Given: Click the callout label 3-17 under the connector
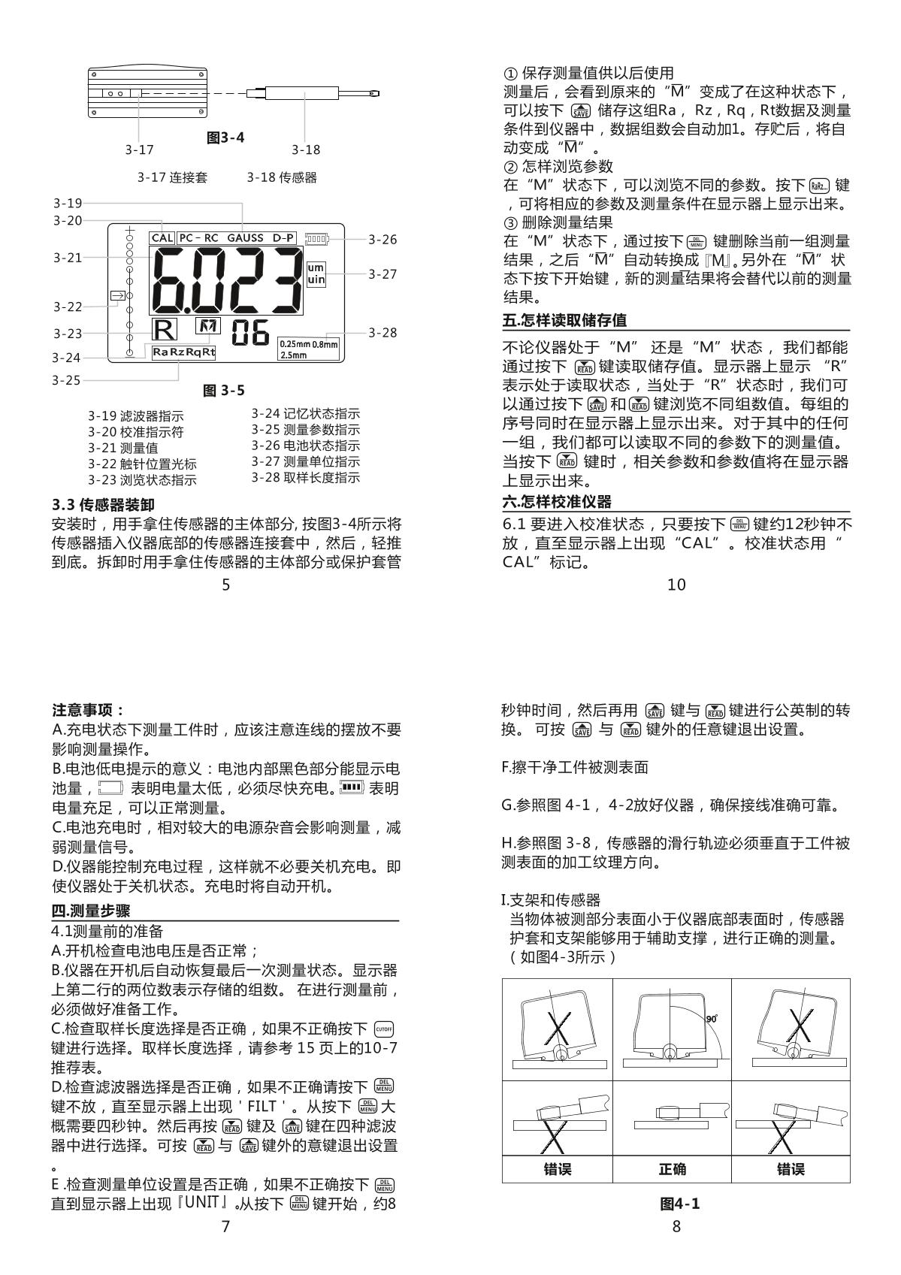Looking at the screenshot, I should click(139, 150).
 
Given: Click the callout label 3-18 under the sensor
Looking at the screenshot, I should click(306, 150).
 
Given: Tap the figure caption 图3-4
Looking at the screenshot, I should click(225, 137).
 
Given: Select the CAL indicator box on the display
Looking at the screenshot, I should click(162, 238).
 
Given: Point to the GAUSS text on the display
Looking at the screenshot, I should click(245, 238).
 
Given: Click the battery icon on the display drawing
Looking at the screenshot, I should click(317, 240).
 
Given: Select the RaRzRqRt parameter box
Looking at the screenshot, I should click(183, 352).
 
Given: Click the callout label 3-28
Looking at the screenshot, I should click(382, 332).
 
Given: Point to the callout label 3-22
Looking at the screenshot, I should click(68, 307).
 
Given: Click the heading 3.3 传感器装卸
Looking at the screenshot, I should click(103, 504).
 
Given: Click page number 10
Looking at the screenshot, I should click(676, 585).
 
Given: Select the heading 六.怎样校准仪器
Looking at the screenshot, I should click(557, 501).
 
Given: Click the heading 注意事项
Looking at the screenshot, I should click(88, 710).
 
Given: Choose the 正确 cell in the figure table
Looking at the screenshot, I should click(672, 1169).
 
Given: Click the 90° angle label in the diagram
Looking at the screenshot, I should click(711, 1018).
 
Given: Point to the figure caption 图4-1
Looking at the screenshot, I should click(679, 1204).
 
